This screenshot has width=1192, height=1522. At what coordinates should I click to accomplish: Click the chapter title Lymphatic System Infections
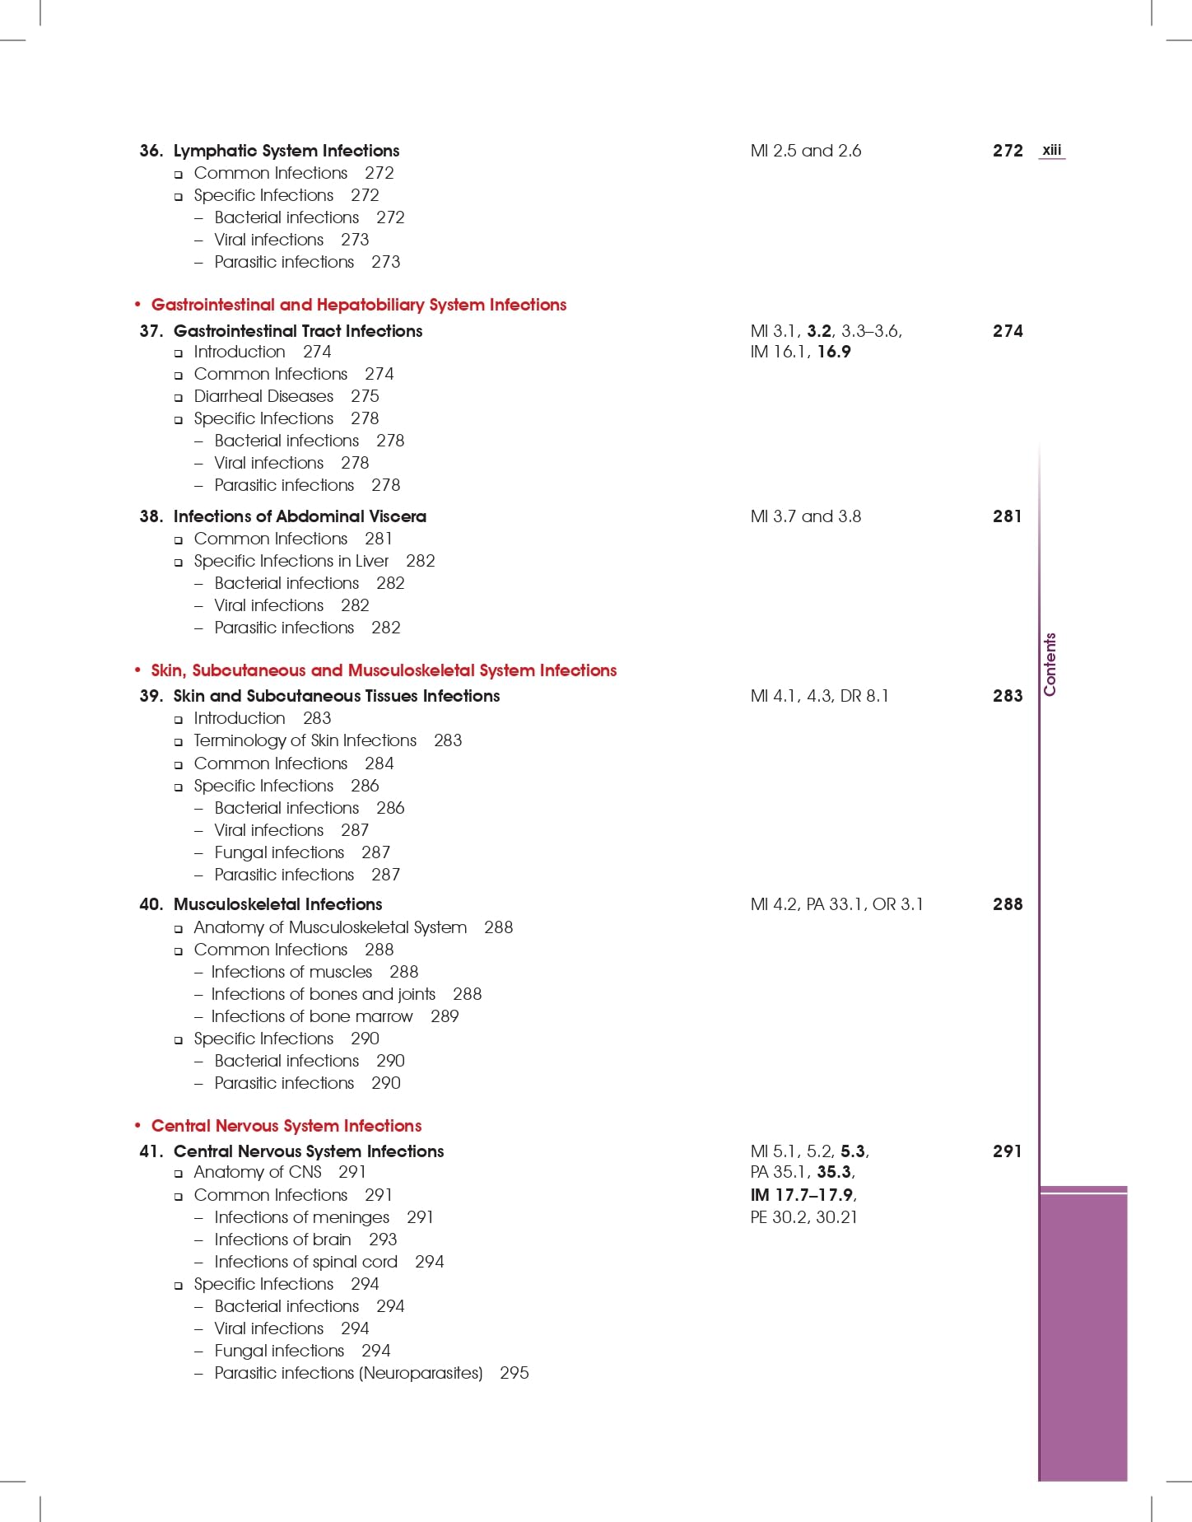click(286, 151)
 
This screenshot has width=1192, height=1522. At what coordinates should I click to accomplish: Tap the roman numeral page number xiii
click(1051, 150)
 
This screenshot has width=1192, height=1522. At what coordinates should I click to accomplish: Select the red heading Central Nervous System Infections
click(286, 1126)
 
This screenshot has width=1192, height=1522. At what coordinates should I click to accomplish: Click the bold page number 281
click(1007, 516)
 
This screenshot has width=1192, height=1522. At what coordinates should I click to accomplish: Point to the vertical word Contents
click(1050, 665)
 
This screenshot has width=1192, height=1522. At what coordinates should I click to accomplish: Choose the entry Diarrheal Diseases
click(263, 396)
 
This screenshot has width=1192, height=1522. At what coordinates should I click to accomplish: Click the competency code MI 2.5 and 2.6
click(805, 151)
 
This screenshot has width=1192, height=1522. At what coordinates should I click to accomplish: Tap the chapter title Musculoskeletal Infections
click(277, 904)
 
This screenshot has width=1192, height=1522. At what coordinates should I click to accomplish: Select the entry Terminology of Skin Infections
click(305, 740)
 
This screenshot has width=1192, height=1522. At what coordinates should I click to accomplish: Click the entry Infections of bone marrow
click(312, 1016)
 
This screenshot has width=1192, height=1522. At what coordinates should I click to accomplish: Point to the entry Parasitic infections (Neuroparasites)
click(348, 1373)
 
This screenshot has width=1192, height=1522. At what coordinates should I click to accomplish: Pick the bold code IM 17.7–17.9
click(803, 1194)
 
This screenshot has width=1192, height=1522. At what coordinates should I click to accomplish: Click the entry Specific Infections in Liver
click(291, 561)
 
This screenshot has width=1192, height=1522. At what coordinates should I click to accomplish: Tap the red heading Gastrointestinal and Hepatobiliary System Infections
click(358, 305)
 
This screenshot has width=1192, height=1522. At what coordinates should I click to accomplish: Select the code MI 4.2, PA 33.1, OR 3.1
click(836, 904)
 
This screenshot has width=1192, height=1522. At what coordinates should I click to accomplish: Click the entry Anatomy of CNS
click(257, 1172)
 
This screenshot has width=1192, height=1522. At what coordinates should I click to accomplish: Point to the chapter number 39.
click(151, 696)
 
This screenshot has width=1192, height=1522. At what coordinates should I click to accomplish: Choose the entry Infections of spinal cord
click(305, 1262)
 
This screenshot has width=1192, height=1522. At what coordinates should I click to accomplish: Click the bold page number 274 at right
click(1007, 331)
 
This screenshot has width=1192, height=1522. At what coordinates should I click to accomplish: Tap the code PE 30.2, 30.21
click(803, 1217)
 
